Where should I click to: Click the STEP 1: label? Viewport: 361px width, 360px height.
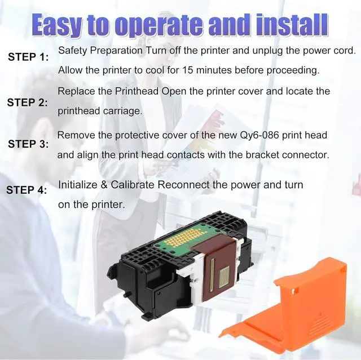(28, 57)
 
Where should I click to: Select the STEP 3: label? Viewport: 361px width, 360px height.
(28, 144)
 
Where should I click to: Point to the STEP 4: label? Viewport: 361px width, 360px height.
(27, 190)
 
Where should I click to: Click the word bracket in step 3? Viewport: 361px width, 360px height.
(263, 154)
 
